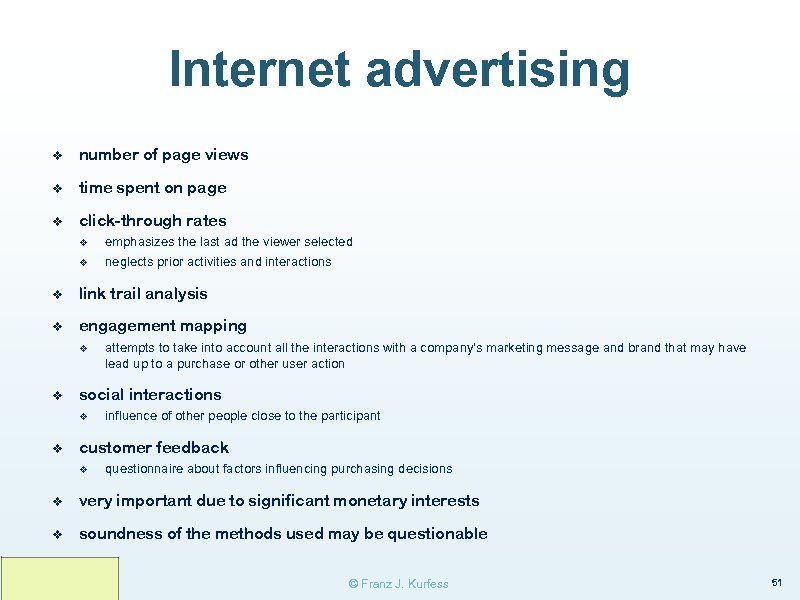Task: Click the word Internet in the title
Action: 261,70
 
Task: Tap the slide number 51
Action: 776,582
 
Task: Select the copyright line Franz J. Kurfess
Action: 398,583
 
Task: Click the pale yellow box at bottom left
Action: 59,578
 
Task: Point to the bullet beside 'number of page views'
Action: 58,155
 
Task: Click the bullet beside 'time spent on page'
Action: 58,188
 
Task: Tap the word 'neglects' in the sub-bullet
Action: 129,262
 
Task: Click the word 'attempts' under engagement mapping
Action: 129,348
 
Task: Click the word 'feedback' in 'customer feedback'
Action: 192,448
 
